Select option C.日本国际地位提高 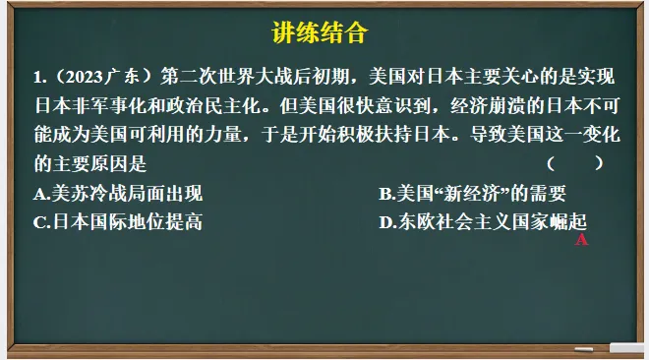tap(117, 221)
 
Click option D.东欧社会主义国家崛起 tap(483, 221)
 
